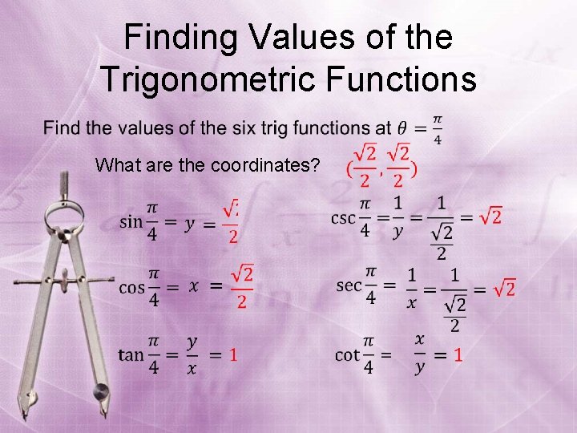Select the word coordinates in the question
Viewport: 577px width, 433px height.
pyautogui.click(x=264, y=166)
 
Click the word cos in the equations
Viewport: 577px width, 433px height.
pyautogui.click(x=131, y=286)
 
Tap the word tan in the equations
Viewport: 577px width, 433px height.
pyautogui.click(x=131, y=354)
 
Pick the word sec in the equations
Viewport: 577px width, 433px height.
pyautogui.click(x=349, y=285)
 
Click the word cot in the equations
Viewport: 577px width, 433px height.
pyautogui.click(x=347, y=354)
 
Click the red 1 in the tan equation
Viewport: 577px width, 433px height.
pyautogui.click(x=232, y=354)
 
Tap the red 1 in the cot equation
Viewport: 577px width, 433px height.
pyautogui.click(x=458, y=354)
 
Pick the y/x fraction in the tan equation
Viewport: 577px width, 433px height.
pyautogui.click(x=192, y=354)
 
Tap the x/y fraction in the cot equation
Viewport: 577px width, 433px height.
pyautogui.click(x=419, y=354)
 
